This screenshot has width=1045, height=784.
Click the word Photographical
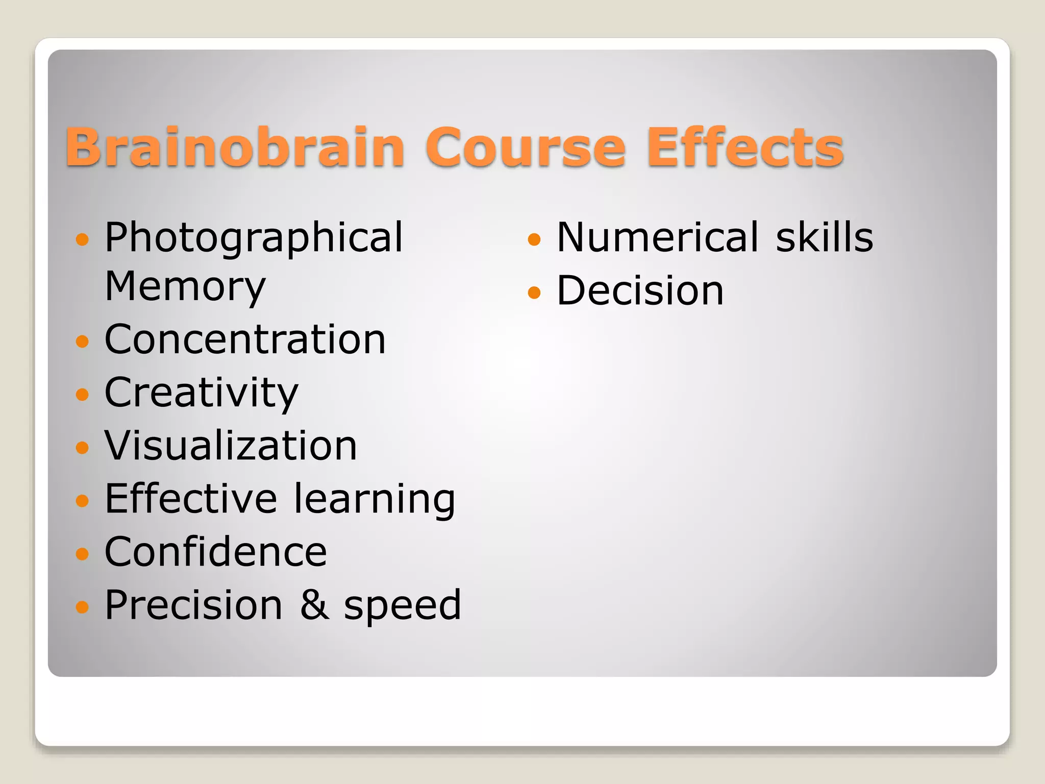coord(254,238)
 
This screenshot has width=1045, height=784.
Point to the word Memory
coord(185,287)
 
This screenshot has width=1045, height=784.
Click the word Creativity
coord(201,393)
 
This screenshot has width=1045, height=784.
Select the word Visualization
coord(231,446)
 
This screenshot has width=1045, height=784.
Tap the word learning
coord(375,499)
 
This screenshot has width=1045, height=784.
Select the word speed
coord(403,606)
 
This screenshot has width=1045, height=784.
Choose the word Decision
coord(640,290)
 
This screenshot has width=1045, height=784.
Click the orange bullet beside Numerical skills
coord(534,239)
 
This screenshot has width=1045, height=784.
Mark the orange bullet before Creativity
coord(82,394)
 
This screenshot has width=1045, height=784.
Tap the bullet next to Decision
coord(534,292)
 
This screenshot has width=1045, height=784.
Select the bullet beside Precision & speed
coord(82,606)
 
